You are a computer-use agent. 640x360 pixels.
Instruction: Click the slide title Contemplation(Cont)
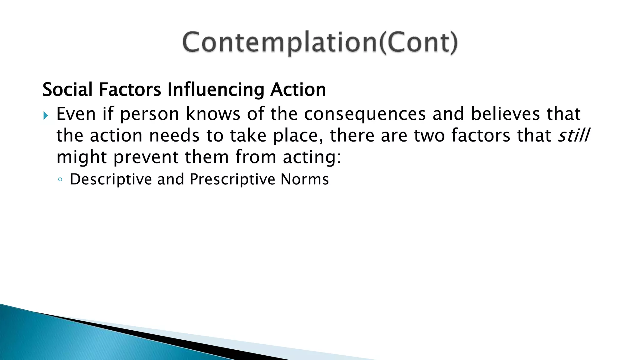[320, 42]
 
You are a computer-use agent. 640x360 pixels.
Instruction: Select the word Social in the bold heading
[67, 90]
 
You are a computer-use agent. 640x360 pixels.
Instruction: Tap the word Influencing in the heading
[216, 90]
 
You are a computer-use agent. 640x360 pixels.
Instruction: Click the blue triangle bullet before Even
[46, 116]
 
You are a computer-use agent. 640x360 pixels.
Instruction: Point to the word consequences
[365, 114]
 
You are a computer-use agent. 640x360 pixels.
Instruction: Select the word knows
[213, 114]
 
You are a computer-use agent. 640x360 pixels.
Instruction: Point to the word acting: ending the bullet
[312, 157]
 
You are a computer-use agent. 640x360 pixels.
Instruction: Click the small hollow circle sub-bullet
[60, 180]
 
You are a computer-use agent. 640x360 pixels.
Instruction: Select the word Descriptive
[111, 180]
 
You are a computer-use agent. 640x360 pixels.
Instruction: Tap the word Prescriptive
[232, 180]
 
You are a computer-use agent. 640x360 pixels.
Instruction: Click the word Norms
[305, 179]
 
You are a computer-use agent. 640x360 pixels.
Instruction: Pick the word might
[82, 157]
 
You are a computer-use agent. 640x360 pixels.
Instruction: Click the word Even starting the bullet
[76, 114]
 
